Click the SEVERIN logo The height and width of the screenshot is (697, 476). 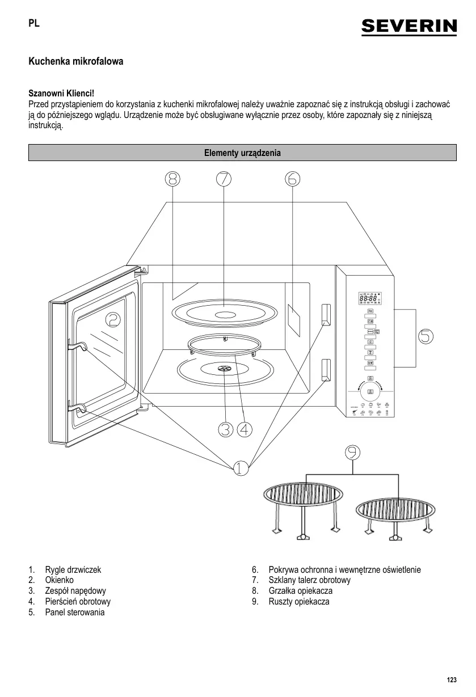(408, 26)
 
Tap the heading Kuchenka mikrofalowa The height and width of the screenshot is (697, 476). (75, 61)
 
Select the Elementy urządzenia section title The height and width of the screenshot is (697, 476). (242, 153)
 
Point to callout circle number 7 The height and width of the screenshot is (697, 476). (224, 179)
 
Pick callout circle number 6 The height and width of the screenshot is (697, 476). (292, 179)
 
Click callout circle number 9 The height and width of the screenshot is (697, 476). (353, 451)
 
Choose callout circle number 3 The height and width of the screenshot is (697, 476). (225, 430)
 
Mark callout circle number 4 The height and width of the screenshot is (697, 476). (245, 430)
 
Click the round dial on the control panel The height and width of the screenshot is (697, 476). (370, 391)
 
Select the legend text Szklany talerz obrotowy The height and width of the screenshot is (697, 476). (309, 580)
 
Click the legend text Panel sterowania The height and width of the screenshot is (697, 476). (74, 612)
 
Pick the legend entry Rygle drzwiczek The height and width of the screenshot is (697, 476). (73, 569)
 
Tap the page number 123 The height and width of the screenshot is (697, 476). (452, 680)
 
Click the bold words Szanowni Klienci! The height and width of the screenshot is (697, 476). (61, 93)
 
